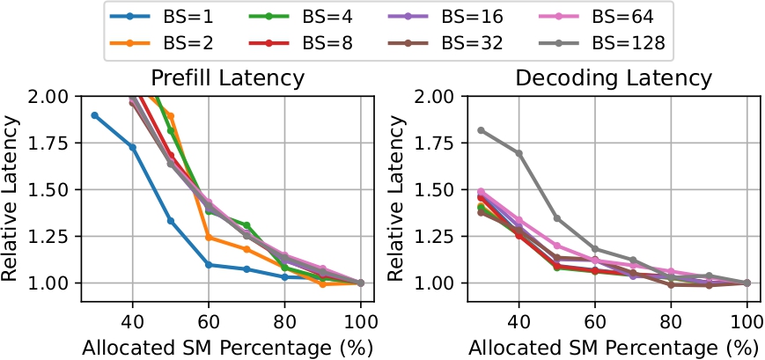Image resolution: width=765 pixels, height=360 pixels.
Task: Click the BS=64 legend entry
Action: pos(607,17)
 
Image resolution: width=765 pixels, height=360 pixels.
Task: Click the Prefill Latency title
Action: pos(228,77)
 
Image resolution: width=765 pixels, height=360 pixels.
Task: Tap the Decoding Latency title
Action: pos(613,77)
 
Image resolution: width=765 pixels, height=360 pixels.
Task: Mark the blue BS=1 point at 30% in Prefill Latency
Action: pos(94,114)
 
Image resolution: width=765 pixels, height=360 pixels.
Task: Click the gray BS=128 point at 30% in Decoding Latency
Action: pos(481,130)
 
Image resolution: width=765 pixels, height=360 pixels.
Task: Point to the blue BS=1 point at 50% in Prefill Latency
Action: pos(171,221)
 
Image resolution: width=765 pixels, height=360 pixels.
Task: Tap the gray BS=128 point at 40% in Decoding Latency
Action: pos(519,153)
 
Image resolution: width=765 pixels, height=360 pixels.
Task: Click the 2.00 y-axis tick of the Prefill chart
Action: pos(51,96)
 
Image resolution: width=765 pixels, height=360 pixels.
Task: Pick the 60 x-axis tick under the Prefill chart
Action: pos(209,320)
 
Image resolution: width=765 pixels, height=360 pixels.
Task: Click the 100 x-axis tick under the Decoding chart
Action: pos(747,320)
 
